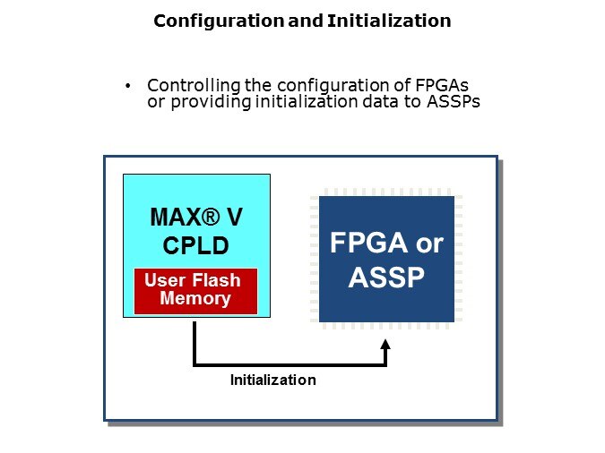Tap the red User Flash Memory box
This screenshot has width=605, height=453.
click(x=195, y=290)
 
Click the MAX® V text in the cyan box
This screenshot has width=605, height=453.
click(x=196, y=217)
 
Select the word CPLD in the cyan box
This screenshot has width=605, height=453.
click(x=196, y=245)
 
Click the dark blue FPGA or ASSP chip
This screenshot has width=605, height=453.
click(x=385, y=260)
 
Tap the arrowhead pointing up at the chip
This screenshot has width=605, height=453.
click(x=386, y=347)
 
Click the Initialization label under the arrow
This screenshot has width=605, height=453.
click(x=272, y=380)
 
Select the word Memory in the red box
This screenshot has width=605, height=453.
click(x=195, y=299)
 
